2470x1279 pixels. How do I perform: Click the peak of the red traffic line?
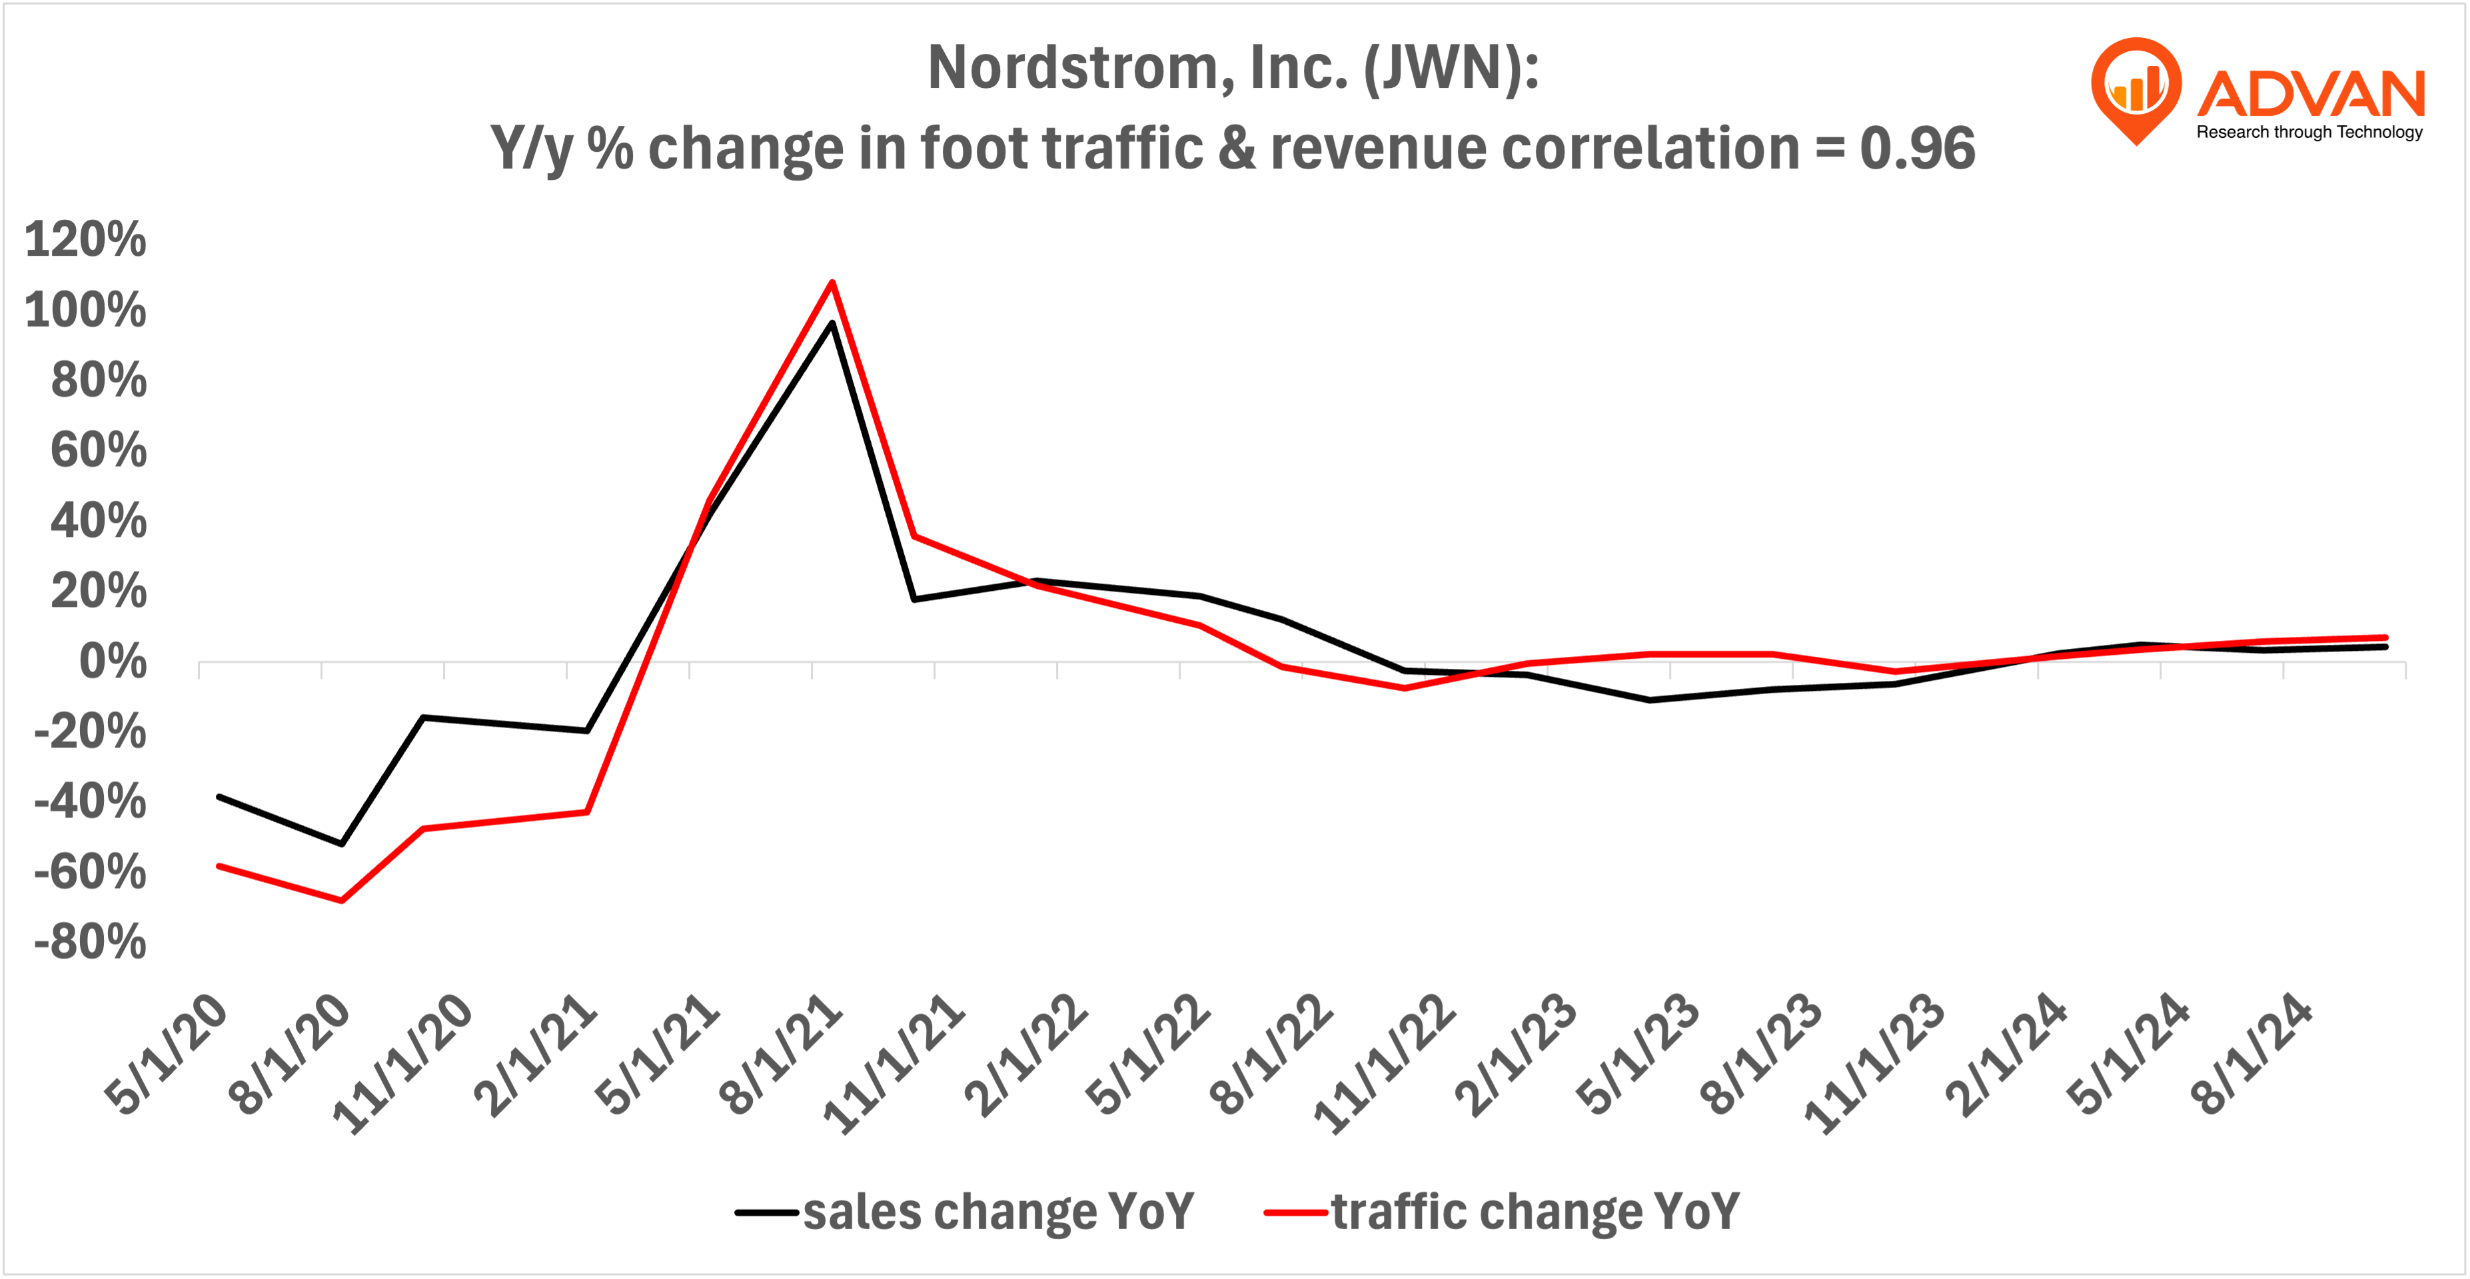(x=832, y=283)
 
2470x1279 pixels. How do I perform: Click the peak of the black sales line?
(x=832, y=324)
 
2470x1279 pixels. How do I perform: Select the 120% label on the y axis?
(x=85, y=240)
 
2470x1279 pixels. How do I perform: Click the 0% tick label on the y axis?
(x=112, y=661)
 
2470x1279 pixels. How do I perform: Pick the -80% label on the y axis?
(x=90, y=943)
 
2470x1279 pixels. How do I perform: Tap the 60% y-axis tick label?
(x=99, y=450)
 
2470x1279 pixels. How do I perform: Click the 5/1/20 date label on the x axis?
(x=167, y=1055)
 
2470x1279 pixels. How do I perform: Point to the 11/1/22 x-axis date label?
(x=1385, y=1065)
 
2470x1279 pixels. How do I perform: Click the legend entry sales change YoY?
(x=997, y=1212)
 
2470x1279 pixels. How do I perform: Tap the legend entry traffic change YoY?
(x=1534, y=1212)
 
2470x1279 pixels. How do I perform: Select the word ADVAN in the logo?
(x=2311, y=94)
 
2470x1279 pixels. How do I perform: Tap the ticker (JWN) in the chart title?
(x=1451, y=69)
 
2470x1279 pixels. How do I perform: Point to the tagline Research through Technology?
(x=2309, y=133)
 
